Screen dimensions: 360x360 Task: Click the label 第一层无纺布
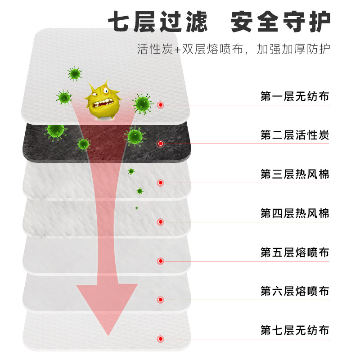[x=295, y=97]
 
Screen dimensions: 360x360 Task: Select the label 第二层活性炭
[x=295, y=135]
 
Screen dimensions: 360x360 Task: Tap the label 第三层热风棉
[x=295, y=175]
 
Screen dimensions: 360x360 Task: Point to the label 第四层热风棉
[x=295, y=213]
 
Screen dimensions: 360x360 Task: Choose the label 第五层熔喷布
[x=295, y=252]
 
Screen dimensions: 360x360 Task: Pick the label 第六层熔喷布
[x=295, y=292]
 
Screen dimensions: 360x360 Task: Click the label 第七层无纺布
[x=295, y=331]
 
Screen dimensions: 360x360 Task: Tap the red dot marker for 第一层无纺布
[x=161, y=105]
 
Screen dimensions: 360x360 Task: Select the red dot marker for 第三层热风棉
[x=161, y=183]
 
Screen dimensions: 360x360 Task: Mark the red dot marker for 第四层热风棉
[x=161, y=222]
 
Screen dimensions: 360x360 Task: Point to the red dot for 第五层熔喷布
[x=161, y=261]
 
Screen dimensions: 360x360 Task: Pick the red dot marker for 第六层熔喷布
[x=161, y=300]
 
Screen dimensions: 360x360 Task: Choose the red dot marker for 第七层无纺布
[x=161, y=339]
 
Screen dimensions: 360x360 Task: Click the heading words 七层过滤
[x=158, y=21]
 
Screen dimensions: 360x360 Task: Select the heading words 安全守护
[x=281, y=21]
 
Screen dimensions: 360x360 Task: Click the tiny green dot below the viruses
[x=136, y=208]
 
